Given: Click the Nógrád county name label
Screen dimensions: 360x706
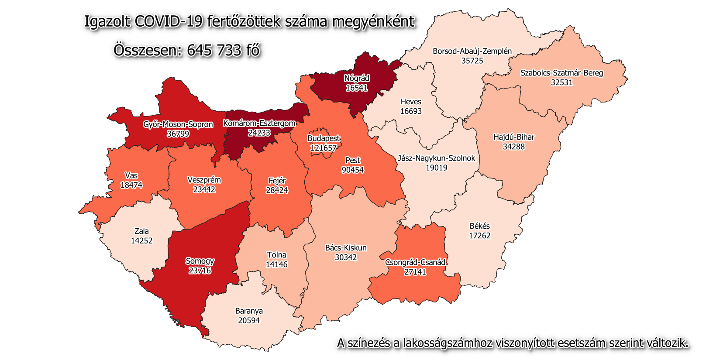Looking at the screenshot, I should pyautogui.click(x=357, y=79).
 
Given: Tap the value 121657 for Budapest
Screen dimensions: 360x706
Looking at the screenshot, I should pyautogui.click(x=324, y=148).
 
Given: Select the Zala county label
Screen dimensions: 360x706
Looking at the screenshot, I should pyautogui.click(x=141, y=231).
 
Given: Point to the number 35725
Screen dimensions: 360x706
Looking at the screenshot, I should pyautogui.click(x=472, y=61).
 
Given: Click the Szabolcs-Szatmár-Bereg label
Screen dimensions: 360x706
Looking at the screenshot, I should pyautogui.click(x=561, y=73).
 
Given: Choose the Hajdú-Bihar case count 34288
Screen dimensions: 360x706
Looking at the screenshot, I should pyautogui.click(x=513, y=147).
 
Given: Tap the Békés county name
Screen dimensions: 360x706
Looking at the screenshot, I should pyautogui.click(x=479, y=226).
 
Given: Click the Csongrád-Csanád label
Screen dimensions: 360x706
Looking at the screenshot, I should pyautogui.click(x=415, y=262).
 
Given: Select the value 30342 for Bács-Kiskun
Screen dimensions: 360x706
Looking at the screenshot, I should pyautogui.click(x=346, y=257).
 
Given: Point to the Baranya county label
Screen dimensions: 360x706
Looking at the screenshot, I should pyautogui.click(x=249, y=311).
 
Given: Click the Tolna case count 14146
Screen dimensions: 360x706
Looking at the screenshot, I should pyautogui.click(x=276, y=264).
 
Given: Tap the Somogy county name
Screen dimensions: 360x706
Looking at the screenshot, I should pyautogui.click(x=200, y=261).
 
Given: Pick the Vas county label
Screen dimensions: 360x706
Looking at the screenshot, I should pyautogui.click(x=131, y=175).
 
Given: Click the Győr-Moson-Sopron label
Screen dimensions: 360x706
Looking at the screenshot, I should pyautogui.click(x=178, y=124).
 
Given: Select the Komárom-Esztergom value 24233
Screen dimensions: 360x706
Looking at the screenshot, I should pyautogui.click(x=259, y=133).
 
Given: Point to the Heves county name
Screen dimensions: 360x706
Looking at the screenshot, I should pyautogui.click(x=411, y=102).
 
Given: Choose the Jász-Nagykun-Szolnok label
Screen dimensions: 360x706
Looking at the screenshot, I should pyautogui.click(x=436, y=158).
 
